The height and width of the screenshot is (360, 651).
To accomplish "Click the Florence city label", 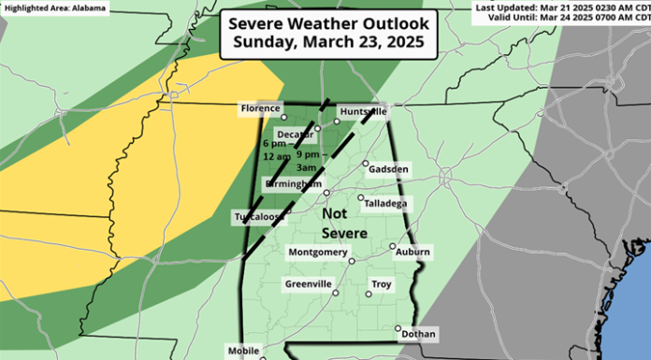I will pyautogui.click(x=261, y=108).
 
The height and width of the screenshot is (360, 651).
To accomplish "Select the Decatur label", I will pyautogui.click(x=295, y=133).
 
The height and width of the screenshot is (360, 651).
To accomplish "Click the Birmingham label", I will pyautogui.click(x=294, y=185).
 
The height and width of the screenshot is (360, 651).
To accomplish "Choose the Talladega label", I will pyautogui.click(x=385, y=202).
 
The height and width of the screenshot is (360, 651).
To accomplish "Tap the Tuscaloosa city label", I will pyautogui.click(x=258, y=218).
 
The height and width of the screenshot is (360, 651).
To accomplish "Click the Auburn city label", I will pyautogui.click(x=412, y=252).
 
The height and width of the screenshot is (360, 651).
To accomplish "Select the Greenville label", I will pyautogui.click(x=308, y=284).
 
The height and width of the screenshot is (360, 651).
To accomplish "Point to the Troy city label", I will pyautogui.click(x=382, y=284).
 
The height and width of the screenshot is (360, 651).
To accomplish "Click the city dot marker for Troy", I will pyautogui.click(x=368, y=294).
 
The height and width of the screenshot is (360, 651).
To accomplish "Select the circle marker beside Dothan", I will pyautogui.click(x=398, y=328).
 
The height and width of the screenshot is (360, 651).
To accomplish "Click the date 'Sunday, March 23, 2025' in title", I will pyautogui.click(x=325, y=43).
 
